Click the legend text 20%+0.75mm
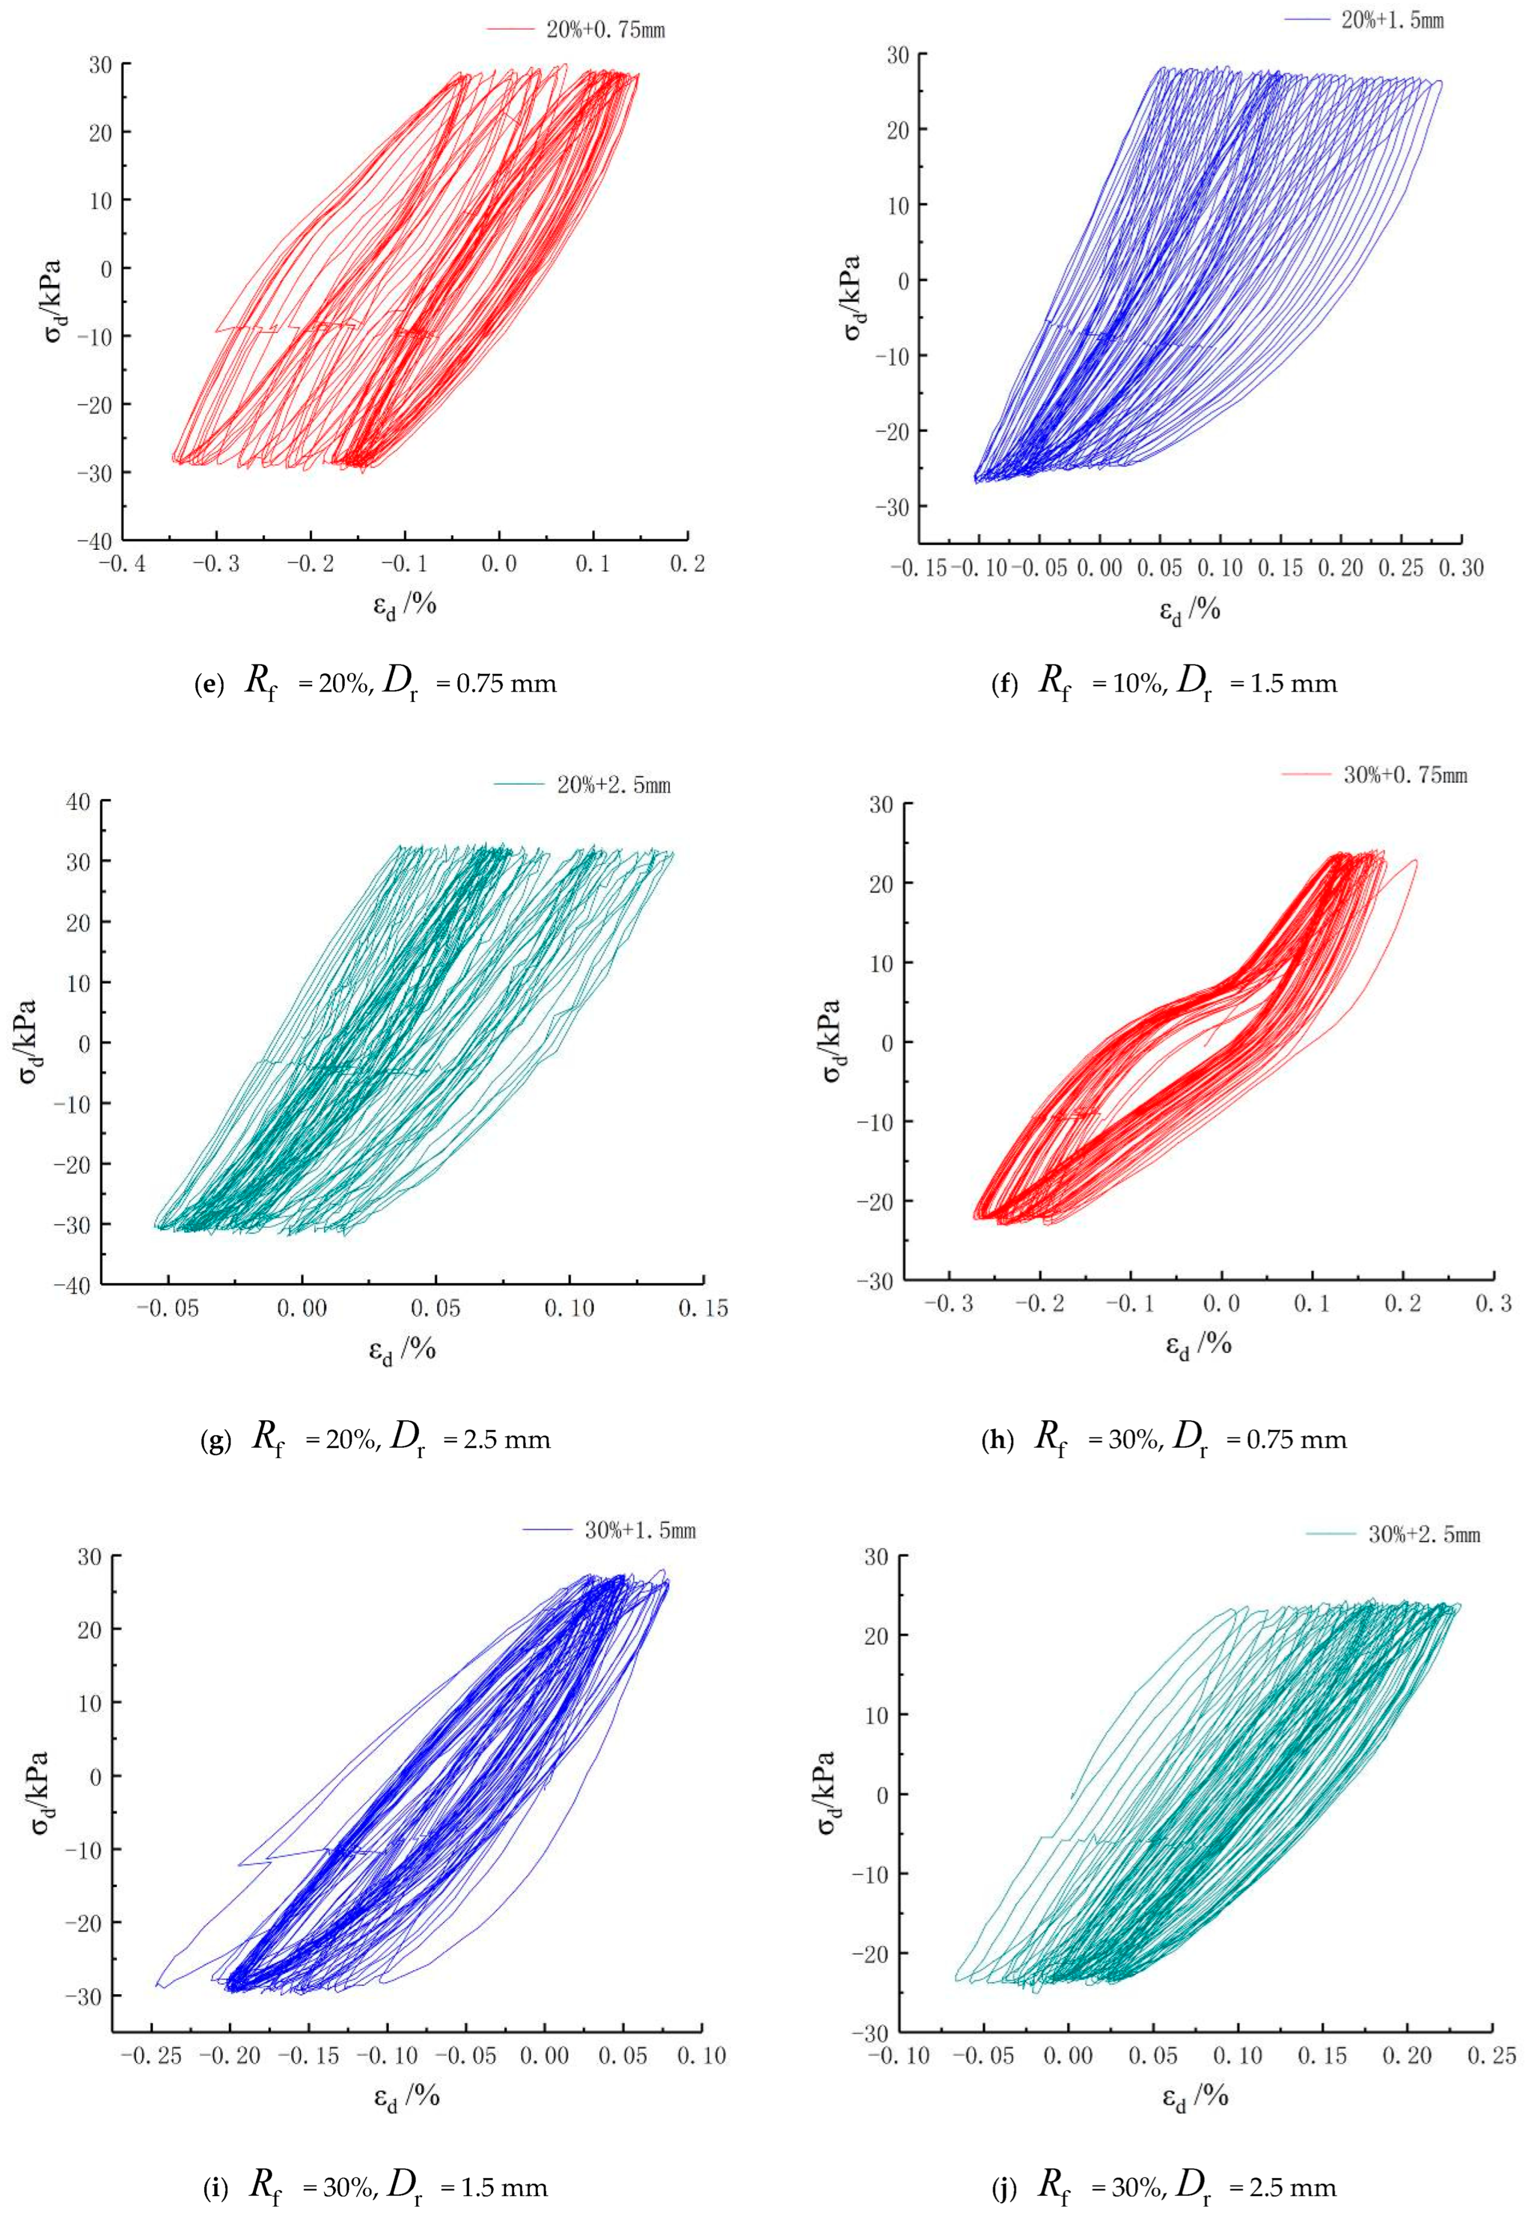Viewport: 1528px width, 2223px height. coord(605,30)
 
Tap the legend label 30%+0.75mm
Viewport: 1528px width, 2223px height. coord(1405,774)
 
